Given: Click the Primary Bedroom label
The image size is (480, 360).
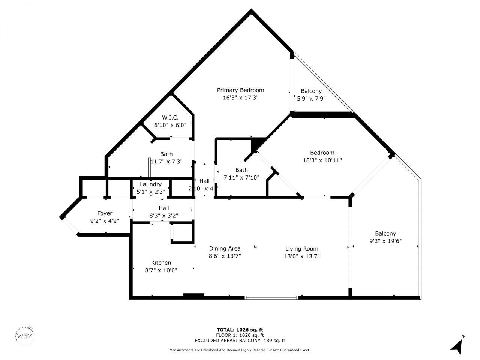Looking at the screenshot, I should [x=240, y=90].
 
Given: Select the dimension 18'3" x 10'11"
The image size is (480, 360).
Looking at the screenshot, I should [x=322, y=160].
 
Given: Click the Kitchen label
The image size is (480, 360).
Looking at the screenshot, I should [x=161, y=263].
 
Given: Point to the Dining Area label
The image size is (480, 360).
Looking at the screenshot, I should [x=225, y=248].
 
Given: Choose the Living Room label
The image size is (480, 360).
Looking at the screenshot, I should [x=301, y=249].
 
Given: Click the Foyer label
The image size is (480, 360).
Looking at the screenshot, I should [x=105, y=213].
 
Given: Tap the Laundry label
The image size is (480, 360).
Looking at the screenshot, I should [x=150, y=184].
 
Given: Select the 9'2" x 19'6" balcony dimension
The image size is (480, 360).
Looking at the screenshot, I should [x=385, y=241].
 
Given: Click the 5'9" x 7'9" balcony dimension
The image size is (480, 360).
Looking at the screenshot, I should [x=311, y=99].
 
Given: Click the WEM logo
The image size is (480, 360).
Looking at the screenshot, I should [x=25, y=335].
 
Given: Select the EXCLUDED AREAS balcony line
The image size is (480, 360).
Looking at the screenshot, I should [x=240, y=340].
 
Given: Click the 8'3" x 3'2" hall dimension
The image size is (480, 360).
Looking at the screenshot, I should [x=163, y=216].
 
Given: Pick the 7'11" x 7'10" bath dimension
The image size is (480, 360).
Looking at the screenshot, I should [x=241, y=178].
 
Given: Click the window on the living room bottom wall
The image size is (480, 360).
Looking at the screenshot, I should [x=271, y=298].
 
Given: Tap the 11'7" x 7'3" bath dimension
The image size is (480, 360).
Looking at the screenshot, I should [x=166, y=162].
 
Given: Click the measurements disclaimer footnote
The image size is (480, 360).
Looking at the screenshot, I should [x=240, y=350].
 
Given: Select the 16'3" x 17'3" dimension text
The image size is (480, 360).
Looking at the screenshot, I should [x=240, y=97].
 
